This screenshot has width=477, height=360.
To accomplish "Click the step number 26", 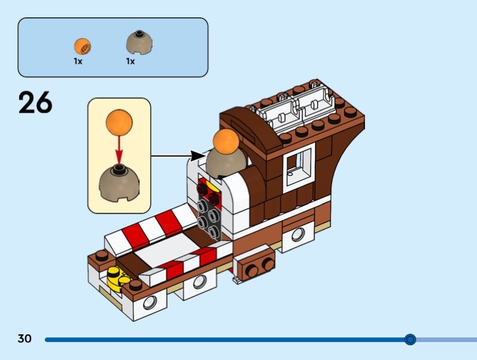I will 35,103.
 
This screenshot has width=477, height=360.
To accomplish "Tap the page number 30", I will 24,339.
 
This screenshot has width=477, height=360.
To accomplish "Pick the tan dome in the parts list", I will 139,42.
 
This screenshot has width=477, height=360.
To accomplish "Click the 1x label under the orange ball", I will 78,61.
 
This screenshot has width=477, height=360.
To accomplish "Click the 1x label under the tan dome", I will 130,61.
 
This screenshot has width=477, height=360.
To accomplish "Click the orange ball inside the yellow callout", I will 119,122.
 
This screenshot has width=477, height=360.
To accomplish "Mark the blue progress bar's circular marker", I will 410,340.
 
